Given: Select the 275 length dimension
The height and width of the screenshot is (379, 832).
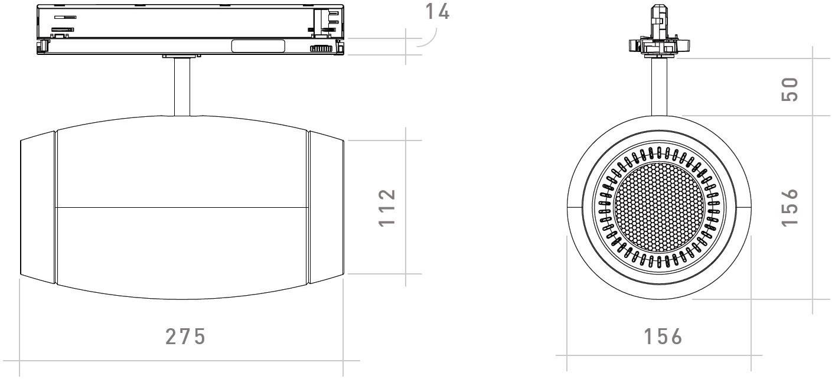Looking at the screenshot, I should tap(185, 336).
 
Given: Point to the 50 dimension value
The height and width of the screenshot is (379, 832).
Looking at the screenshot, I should tap(789, 89).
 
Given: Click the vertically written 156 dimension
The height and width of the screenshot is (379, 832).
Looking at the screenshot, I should tap(789, 207).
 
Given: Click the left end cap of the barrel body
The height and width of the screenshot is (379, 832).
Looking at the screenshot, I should tap(38, 207).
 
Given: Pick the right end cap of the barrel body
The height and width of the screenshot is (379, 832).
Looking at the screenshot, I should tap(327, 207).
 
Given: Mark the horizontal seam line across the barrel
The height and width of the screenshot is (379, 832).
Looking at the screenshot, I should tap(182, 207).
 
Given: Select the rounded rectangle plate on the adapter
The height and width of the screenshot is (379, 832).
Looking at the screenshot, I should tap(257, 46).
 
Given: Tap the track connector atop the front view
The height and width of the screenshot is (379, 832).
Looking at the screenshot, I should tap(660, 32).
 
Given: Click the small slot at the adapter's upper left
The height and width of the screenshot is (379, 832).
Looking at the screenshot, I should tap(66, 18).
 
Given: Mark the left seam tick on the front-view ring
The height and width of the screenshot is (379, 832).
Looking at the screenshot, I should tap(575, 207).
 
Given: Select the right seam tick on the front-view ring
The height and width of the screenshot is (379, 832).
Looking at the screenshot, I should tap(743, 207).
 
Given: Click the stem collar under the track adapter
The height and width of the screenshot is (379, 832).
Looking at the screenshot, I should tap(182, 57).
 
